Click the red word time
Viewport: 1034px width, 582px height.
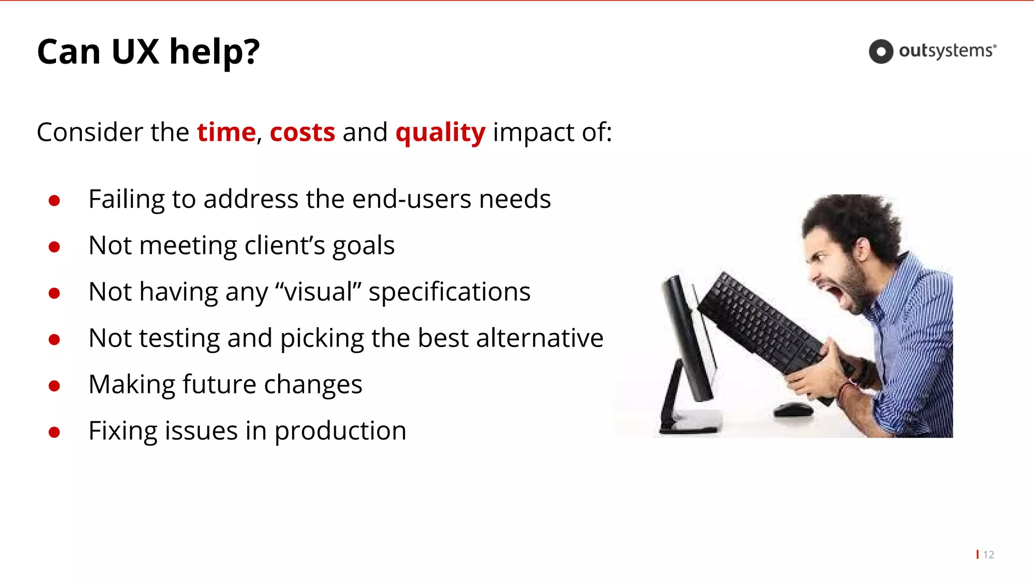point(226,132)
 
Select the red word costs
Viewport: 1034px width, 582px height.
point(302,132)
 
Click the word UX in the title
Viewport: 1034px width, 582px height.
point(135,52)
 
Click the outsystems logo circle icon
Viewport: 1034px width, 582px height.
point(881,52)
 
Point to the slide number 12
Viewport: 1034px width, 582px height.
point(988,555)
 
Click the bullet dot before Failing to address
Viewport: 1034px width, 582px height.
point(55,201)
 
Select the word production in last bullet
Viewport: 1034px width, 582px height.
point(340,431)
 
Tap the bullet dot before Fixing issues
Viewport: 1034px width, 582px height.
point(55,432)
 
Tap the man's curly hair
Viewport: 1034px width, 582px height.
point(853,217)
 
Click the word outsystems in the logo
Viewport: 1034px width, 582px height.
point(946,51)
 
